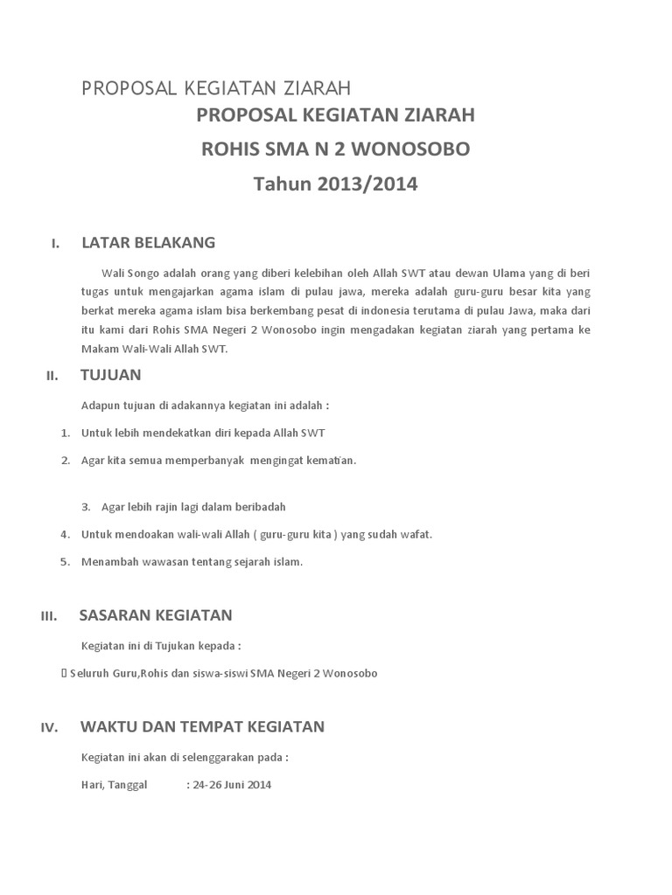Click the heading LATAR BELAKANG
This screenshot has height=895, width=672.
148,242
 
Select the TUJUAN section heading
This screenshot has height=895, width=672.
110,375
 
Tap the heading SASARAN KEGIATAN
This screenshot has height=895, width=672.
156,614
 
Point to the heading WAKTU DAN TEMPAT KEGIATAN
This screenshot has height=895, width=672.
202,726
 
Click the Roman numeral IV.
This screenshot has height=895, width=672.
49,728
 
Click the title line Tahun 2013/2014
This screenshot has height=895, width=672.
335,184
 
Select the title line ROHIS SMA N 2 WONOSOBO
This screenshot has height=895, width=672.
335,149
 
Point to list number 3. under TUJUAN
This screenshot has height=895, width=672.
87,506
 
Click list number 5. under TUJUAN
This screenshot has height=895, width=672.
66,562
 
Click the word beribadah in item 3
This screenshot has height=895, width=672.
260,506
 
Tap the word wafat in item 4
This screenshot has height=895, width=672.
416,534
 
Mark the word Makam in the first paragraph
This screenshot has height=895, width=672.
100,348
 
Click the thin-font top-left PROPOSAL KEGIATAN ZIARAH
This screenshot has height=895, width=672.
216,87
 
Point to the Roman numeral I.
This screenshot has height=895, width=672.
55,244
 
